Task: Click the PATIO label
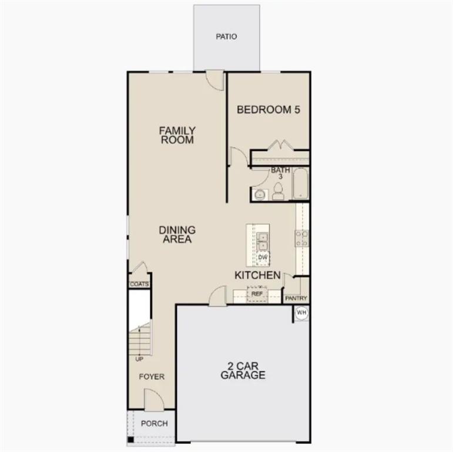coord(226,36)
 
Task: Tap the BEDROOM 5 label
coord(269,109)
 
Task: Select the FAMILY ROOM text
coord(177,135)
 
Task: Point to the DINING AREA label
coord(177,234)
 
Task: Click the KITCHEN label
coord(257,275)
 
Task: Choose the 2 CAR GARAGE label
coord(243,370)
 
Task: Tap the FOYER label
coord(152,377)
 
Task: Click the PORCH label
coord(155,423)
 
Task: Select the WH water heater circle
coord(301,313)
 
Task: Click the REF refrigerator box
coord(257,294)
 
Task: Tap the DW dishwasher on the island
coord(263,257)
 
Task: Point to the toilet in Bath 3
coord(278,191)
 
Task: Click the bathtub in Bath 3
coord(300,184)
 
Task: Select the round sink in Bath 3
coord(260,194)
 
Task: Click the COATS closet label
coord(139,284)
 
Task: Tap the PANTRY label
coord(296,298)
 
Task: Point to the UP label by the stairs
coord(139,359)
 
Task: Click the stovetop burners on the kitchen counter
coord(301,238)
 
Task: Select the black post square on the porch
coord(130,440)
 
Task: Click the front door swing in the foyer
coord(154,400)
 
